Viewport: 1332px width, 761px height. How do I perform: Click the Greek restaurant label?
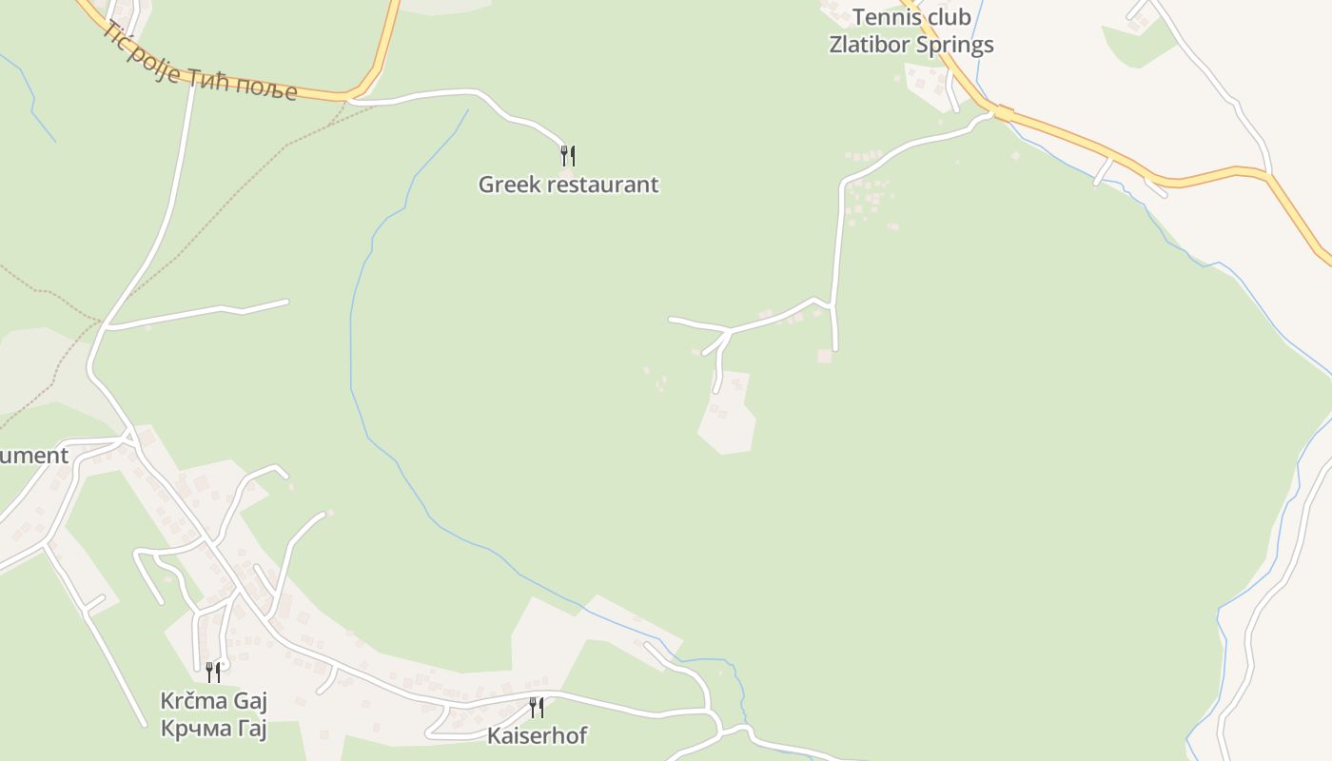(568, 185)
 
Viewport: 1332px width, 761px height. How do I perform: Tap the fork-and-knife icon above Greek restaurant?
(568, 155)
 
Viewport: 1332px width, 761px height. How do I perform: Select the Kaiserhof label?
(537, 735)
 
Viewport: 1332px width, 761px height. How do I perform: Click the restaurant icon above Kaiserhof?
(537, 707)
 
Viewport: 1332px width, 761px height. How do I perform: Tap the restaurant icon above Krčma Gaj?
(213, 673)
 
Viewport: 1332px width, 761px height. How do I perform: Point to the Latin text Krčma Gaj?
(213, 702)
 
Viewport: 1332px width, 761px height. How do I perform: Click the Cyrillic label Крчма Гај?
(213, 730)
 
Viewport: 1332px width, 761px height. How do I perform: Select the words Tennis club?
(911, 17)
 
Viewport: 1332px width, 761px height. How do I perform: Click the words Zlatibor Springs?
(911, 45)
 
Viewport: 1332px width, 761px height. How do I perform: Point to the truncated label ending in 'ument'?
(34, 456)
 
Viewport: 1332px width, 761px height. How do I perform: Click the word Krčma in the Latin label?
(193, 702)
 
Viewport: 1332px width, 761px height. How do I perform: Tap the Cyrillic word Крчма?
(194, 730)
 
